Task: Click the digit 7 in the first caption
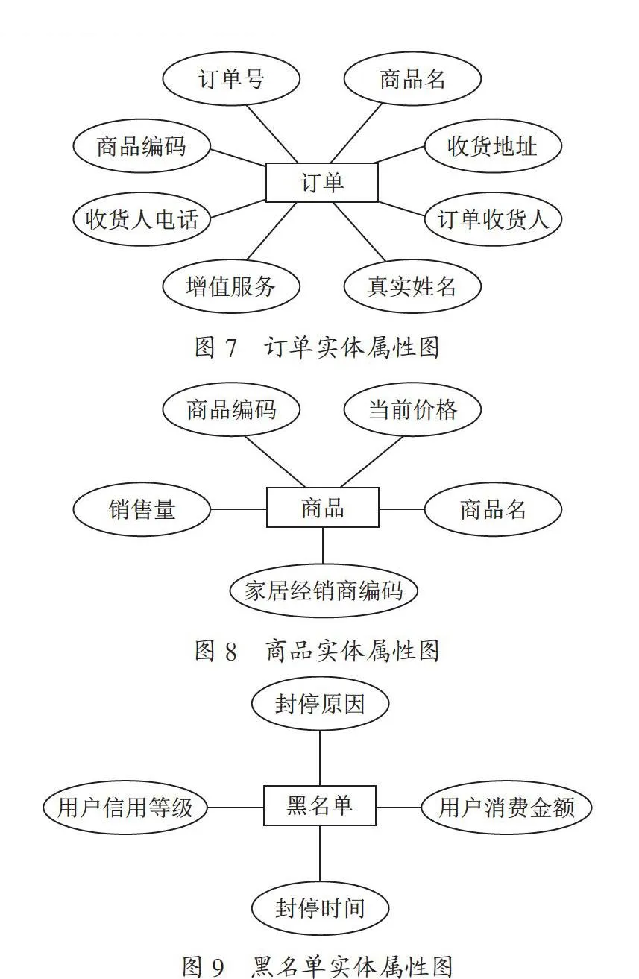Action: click(x=231, y=348)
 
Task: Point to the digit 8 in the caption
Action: click(x=231, y=651)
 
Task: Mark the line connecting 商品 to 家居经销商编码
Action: click(x=323, y=546)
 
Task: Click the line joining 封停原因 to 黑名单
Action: click(x=320, y=758)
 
